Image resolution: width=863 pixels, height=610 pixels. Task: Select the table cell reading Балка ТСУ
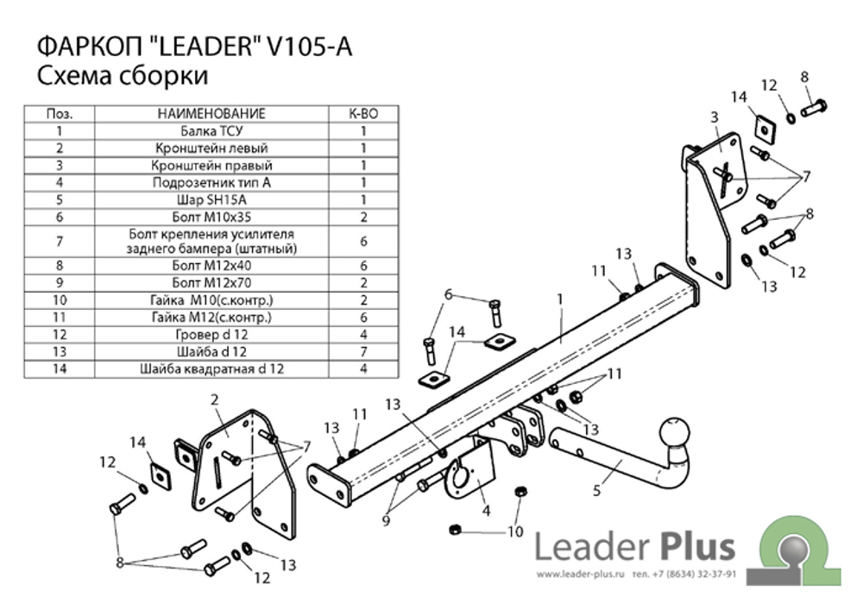(x=212, y=131)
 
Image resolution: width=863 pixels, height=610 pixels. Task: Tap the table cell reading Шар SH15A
(x=212, y=199)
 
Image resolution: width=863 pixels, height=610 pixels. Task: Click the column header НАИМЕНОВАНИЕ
(x=212, y=114)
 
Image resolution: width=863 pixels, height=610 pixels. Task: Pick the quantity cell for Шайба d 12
(x=363, y=351)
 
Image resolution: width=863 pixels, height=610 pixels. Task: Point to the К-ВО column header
(x=363, y=114)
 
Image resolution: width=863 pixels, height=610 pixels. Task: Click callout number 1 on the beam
(x=560, y=299)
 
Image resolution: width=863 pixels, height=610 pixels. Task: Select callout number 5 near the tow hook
(x=596, y=489)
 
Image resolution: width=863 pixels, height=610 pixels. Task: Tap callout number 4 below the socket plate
(x=487, y=511)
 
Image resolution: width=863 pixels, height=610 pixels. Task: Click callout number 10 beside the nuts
(x=515, y=531)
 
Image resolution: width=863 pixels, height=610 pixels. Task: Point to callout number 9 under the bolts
(x=386, y=519)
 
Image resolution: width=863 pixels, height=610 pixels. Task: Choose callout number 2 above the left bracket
(x=215, y=399)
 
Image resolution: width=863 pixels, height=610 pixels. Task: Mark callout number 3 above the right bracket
(x=715, y=117)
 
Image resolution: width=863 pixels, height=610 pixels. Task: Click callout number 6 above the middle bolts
(x=449, y=295)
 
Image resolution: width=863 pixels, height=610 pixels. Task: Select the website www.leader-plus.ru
(x=581, y=575)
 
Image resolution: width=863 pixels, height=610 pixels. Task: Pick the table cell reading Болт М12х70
(x=212, y=283)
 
